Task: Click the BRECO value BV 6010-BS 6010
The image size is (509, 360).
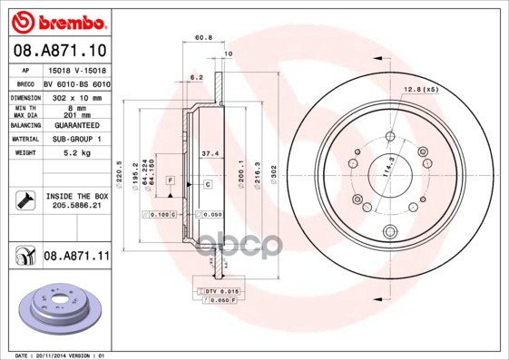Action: [77, 83]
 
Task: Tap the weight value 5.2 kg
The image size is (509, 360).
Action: [76, 153]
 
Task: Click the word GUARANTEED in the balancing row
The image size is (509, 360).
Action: [76, 125]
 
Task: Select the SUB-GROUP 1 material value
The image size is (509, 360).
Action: [76, 139]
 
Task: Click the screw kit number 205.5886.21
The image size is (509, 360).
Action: [76, 207]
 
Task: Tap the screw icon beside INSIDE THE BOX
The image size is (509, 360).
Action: [24, 200]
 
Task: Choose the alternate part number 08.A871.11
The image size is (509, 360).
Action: [76, 257]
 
